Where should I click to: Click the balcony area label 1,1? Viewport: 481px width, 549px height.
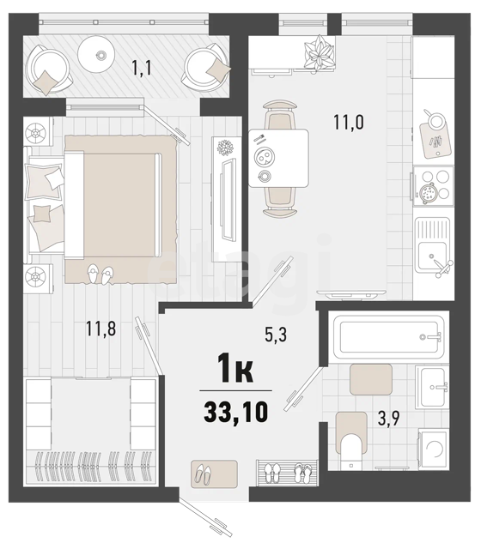click(x=142, y=67)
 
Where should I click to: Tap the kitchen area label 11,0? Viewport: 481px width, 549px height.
click(x=349, y=122)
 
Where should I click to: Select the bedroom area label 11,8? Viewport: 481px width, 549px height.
click(x=101, y=329)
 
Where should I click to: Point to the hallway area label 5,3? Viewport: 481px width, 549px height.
click(x=276, y=335)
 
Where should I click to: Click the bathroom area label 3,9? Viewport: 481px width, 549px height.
click(x=389, y=418)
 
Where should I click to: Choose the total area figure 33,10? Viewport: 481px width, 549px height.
click(x=236, y=412)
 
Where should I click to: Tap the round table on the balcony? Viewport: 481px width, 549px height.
click(x=96, y=54)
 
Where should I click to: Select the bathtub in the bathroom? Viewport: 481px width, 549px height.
click(x=388, y=337)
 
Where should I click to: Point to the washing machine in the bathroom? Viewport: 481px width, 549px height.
click(x=433, y=449)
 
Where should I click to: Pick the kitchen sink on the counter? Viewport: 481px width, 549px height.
click(x=433, y=247)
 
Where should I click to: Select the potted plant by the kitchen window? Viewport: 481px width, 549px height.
click(x=319, y=52)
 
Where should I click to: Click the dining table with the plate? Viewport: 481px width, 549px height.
click(x=278, y=158)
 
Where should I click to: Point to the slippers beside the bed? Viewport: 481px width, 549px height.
click(x=100, y=274)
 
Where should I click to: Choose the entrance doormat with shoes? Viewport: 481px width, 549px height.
click(x=214, y=474)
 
